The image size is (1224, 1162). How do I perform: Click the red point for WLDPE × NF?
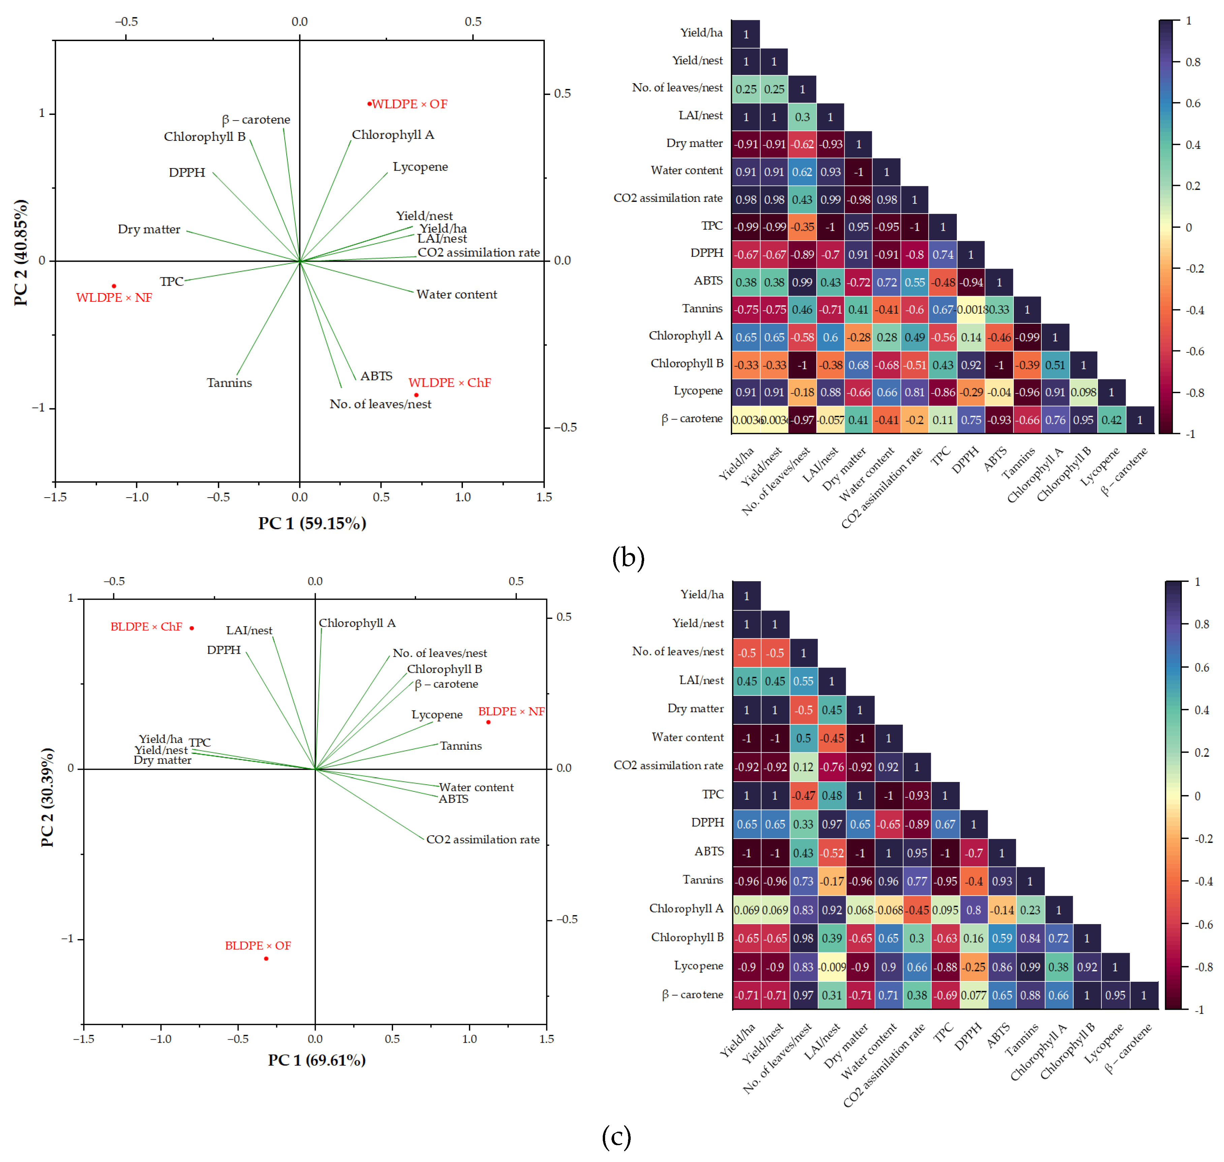(114, 286)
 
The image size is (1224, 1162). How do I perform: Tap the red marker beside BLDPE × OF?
(266, 959)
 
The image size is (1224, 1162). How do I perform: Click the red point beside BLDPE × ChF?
(192, 628)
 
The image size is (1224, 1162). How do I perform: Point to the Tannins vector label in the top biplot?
(229, 383)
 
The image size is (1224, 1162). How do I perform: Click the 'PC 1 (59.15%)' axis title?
(312, 524)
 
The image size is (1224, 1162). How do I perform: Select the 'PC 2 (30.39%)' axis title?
(47, 798)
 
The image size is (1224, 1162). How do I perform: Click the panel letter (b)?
(628, 558)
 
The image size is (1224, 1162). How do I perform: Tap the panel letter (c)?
(616, 1137)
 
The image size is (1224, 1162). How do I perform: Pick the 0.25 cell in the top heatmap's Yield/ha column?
(746, 89)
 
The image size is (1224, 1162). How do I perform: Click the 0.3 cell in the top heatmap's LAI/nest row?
(802, 117)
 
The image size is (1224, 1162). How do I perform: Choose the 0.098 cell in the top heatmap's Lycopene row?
(1084, 392)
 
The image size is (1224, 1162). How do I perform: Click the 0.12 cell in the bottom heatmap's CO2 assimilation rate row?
(804, 767)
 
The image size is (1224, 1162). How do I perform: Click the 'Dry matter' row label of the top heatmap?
(694, 143)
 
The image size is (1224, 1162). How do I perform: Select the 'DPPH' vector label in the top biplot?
(187, 172)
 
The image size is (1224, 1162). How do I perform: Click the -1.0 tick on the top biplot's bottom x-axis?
(137, 497)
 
